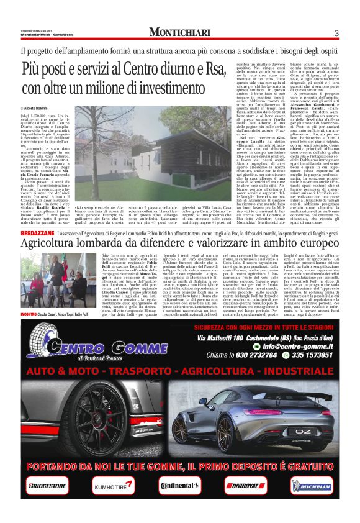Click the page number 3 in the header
[336, 33]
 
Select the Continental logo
[180, 486]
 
